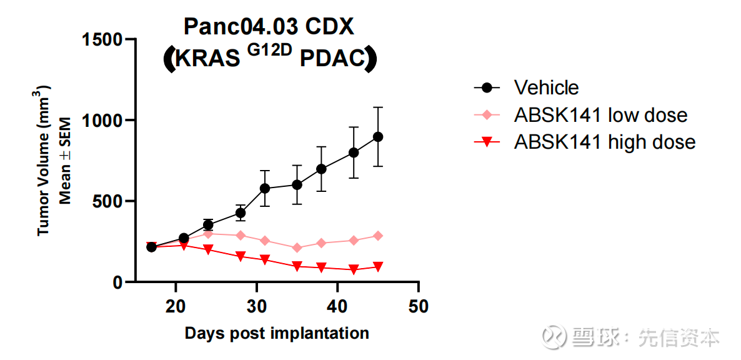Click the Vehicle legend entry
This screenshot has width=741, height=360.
click(546, 87)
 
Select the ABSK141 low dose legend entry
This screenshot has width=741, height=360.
click(600, 115)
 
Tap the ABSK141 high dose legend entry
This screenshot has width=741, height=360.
click(604, 142)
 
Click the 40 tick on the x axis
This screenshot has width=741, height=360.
click(337, 307)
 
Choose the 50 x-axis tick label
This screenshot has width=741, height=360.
click(418, 307)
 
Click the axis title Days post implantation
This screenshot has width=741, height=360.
click(277, 333)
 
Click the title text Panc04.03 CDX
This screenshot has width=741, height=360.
click(269, 27)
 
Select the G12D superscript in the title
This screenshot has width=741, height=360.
click(269, 51)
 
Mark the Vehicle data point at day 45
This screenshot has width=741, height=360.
click(378, 137)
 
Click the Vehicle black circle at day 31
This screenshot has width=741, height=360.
click(265, 188)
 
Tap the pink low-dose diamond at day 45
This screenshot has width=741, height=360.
click(378, 236)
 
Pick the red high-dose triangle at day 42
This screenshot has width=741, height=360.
click(354, 269)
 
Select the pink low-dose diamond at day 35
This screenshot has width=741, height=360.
click(297, 248)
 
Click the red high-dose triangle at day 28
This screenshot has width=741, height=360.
click(241, 256)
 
